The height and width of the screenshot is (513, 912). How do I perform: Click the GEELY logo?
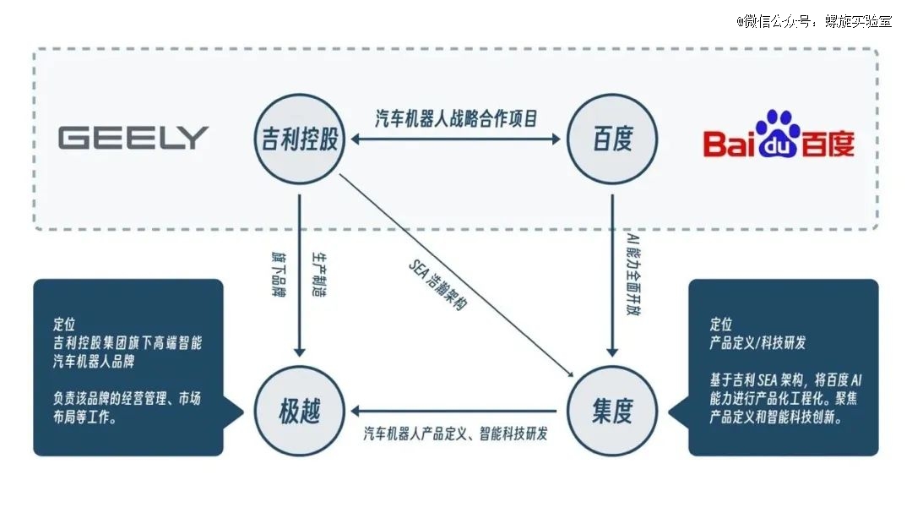point(133,138)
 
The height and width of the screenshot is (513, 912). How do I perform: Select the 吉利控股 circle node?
point(300,139)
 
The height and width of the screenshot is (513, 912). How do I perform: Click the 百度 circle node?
point(612,139)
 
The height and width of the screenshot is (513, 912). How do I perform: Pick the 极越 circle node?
point(300,411)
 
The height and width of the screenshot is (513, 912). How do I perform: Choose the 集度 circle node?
point(612,411)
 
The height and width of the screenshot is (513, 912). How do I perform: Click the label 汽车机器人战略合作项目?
point(456,118)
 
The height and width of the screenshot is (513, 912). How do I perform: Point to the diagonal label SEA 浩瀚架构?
point(437,285)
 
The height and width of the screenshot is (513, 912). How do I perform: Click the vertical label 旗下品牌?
point(279,275)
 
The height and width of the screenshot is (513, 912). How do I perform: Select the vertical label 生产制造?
point(319,275)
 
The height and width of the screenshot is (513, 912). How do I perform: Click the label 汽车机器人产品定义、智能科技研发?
point(455,434)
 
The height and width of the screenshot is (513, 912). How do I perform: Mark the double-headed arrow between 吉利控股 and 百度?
point(456,139)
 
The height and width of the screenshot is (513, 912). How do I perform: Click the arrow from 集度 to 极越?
point(453,411)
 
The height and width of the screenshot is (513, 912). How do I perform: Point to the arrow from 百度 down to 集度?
point(612,276)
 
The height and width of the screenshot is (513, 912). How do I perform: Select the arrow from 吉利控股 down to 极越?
point(300,276)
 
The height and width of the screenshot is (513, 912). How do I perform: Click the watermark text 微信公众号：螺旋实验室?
point(814,21)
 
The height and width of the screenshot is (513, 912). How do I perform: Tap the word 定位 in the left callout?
point(64,324)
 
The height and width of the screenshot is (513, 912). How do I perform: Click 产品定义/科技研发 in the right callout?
point(757,342)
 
